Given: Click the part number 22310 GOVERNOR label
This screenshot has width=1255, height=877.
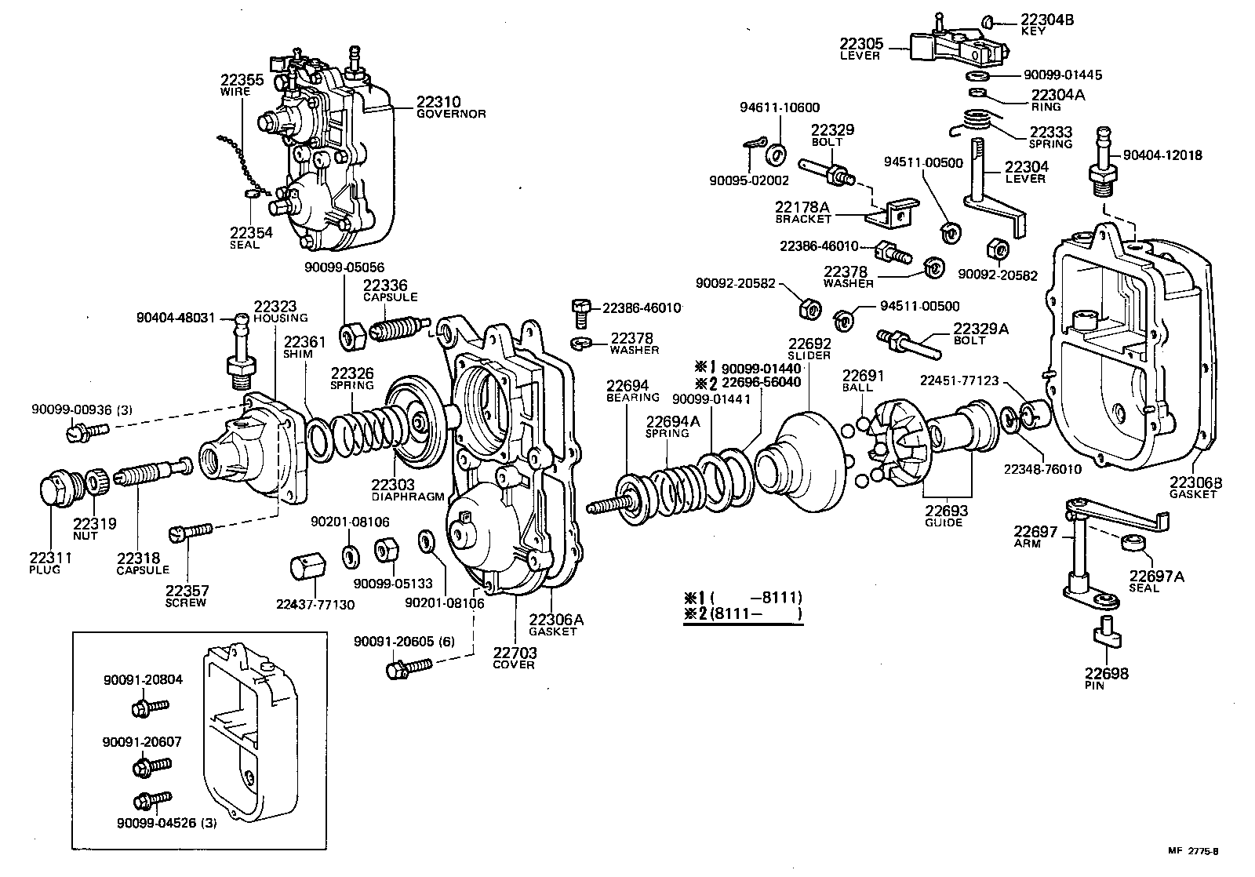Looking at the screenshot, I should (449, 107).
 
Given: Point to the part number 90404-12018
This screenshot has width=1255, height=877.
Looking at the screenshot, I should (1162, 156).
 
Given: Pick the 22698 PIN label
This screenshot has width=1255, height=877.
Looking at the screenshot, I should (1107, 678).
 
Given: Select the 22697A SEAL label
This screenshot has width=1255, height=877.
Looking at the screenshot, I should (1156, 581).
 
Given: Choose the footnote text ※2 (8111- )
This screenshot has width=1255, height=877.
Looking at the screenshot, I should (744, 614).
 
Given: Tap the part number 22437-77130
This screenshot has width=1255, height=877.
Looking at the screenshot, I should (315, 604).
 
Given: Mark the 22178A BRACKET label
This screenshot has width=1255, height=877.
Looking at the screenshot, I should (802, 212).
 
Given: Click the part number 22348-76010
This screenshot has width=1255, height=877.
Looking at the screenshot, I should (1042, 469).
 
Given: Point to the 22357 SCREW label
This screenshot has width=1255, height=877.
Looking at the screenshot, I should (186, 595).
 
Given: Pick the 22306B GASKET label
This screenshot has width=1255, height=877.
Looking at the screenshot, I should (1195, 487).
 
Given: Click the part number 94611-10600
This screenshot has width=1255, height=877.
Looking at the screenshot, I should (780, 107).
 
